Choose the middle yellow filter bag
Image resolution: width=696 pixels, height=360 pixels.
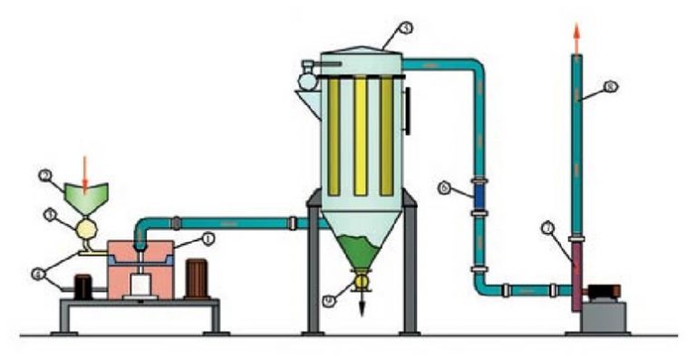point(361,136)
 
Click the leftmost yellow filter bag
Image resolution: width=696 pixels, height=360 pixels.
point(333,136)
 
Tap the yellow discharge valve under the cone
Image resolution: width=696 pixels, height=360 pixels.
point(362,282)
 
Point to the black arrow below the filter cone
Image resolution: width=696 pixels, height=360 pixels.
point(362,306)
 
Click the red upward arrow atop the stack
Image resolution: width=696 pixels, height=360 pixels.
point(576,34)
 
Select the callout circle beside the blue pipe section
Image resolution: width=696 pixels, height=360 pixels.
point(445,188)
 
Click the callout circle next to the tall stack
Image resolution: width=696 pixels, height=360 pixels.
point(610,87)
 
